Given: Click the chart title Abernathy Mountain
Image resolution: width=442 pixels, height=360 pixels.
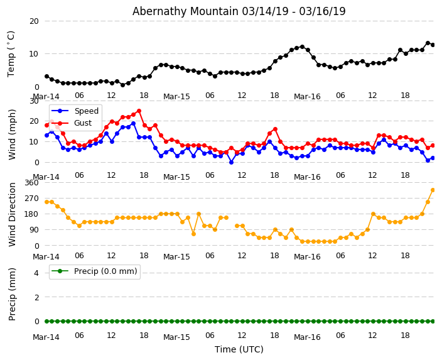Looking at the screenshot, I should [x=239, y=11].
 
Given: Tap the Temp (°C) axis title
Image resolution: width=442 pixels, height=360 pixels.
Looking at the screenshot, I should [x=11, y=53].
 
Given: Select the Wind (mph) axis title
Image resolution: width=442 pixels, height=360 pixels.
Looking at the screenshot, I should [x=13, y=134].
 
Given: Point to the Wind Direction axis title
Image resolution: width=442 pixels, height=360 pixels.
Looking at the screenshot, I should [x=13, y=214].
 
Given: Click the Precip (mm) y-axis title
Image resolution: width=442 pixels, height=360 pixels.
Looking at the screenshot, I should [x=13, y=294].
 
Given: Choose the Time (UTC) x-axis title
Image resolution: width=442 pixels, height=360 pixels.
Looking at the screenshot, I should [x=239, y=349].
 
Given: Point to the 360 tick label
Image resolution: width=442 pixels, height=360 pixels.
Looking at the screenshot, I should [x=31, y=183].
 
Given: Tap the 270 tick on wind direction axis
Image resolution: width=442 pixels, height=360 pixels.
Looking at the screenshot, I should [x=31, y=199].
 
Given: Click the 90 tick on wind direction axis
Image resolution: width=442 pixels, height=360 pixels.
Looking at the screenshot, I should [x=33, y=230].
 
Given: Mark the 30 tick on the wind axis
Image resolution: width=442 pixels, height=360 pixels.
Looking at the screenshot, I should [x=33, y=101].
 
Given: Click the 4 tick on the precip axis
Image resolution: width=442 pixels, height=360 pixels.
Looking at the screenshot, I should [x=36, y=273].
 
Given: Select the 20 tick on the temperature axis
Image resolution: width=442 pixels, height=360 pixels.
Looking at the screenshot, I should [x=33, y=21].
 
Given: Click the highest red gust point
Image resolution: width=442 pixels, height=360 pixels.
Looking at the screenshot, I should [x=139, y=111].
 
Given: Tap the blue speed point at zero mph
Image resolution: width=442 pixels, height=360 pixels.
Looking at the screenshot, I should [x=231, y=162].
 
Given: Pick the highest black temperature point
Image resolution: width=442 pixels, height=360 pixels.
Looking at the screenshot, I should [x=428, y=43].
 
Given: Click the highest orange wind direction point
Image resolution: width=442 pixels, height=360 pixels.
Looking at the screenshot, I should [x=433, y=190].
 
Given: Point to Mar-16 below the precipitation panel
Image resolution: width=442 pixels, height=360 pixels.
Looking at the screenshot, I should [x=307, y=337].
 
